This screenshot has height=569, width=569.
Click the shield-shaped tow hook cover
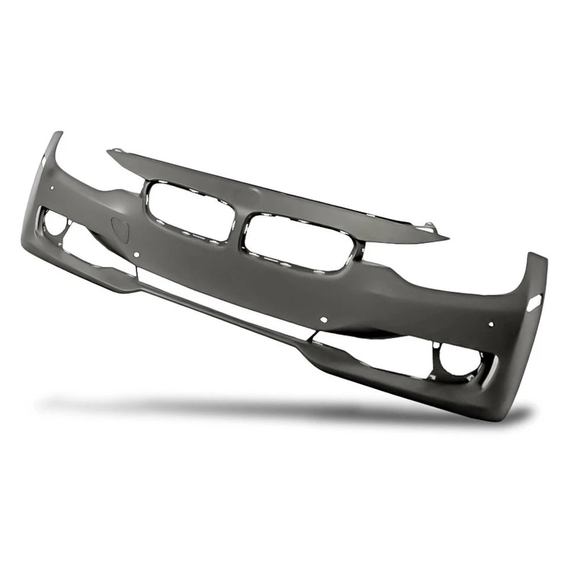(120, 230)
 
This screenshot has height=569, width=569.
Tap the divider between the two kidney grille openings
(238, 228)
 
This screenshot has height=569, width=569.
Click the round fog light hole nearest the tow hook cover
(56, 222)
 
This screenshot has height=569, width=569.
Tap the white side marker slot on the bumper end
(533, 302)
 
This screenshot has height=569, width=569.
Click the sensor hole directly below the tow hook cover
(136, 255)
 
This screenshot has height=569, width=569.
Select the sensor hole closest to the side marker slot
(491, 324)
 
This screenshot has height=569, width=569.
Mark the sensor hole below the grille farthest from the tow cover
(324, 319)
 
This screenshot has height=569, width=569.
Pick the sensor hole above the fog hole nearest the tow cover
(52, 188)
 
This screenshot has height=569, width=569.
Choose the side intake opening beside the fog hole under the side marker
(379, 353)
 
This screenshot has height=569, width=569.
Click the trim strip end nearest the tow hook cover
(113, 152)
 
